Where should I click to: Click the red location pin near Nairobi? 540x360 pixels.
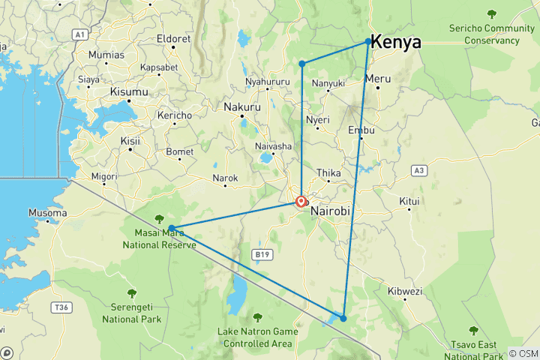pyautogui.click(x=301, y=201)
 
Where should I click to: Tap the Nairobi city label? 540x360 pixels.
pyautogui.click(x=330, y=211)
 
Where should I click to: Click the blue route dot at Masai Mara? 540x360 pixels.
pyautogui.click(x=172, y=228)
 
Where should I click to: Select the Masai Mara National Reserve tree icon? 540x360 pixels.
pyautogui.click(x=159, y=218)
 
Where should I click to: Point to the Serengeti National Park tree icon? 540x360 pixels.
pyautogui.click(x=132, y=293)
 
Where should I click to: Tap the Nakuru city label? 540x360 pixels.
pyautogui.click(x=242, y=108)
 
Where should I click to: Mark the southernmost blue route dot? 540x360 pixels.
pyautogui.click(x=343, y=318)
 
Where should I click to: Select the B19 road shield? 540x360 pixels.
pyautogui.click(x=261, y=255)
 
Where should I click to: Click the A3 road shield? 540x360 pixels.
pyautogui.click(x=419, y=171)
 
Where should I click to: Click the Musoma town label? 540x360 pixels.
pyautogui.click(x=46, y=213)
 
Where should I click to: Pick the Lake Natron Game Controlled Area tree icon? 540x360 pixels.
pyautogui.click(x=258, y=317)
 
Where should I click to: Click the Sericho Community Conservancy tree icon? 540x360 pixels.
pyautogui.click(x=492, y=13)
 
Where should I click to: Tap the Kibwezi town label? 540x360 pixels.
pyautogui.click(x=406, y=291)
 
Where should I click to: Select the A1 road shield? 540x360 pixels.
pyautogui.click(x=80, y=34)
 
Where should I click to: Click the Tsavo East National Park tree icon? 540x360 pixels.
pyautogui.click(x=472, y=330)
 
